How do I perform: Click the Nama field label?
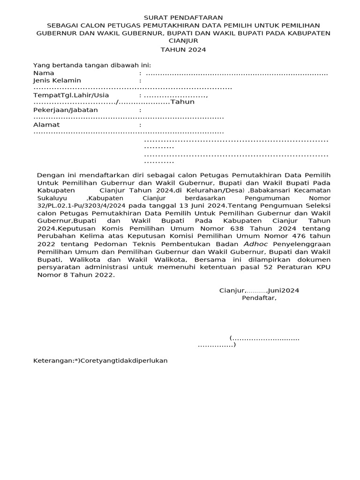(44, 73)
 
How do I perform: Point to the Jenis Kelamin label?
(57, 81)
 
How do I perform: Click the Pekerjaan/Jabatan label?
(66, 110)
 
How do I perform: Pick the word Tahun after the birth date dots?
(182, 102)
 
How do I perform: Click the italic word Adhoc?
(256, 244)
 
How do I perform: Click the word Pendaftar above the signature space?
(259, 298)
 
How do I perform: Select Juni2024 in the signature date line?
(283, 290)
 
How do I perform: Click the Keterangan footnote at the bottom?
(100, 360)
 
